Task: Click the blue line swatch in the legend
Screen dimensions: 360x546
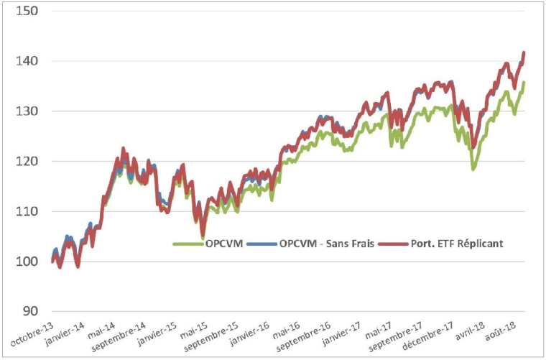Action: click(x=260, y=244)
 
